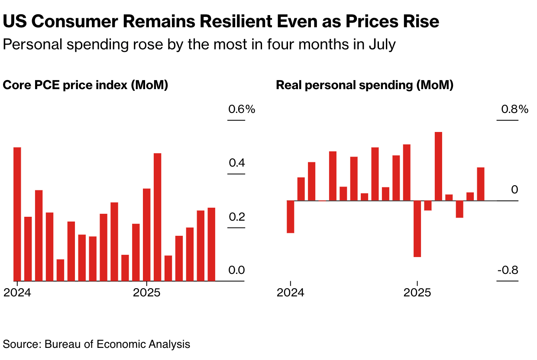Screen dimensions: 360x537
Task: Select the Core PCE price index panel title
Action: (x=85, y=85)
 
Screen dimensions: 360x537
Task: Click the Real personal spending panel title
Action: (x=365, y=85)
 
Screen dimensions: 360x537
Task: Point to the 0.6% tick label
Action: (x=242, y=109)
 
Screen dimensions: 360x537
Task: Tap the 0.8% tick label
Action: (x=514, y=109)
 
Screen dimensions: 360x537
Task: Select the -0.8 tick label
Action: (x=508, y=270)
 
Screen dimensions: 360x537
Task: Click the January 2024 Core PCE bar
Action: (x=17, y=214)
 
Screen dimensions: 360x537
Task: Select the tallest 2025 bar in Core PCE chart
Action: (x=158, y=217)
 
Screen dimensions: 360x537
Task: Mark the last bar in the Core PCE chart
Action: (x=211, y=244)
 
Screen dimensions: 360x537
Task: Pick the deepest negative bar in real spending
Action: (x=417, y=228)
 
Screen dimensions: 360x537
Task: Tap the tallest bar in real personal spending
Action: (x=438, y=166)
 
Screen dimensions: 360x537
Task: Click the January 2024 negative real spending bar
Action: (x=290, y=217)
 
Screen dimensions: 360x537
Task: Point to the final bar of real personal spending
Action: (x=481, y=184)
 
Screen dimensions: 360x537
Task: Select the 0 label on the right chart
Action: (x=514, y=190)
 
